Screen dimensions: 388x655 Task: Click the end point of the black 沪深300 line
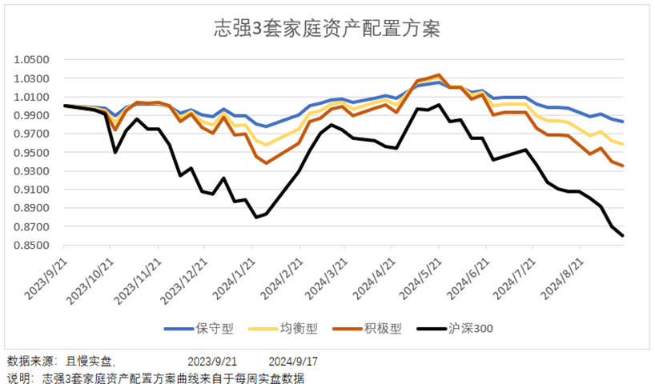(623, 235)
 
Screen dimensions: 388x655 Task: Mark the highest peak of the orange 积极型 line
(439, 75)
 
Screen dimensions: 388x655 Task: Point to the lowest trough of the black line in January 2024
(256, 217)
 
